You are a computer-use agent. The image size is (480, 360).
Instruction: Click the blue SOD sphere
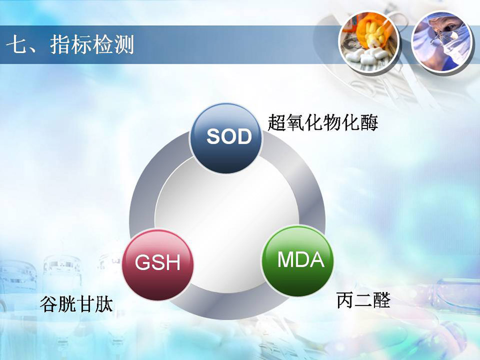[x=226, y=138]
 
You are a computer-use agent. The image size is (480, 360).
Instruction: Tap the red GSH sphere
[x=158, y=265]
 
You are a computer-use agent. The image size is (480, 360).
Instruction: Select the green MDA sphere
[x=297, y=261]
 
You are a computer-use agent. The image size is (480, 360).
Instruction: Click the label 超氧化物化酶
[x=322, y=123]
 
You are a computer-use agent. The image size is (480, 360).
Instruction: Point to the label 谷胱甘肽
[x=76, y=304]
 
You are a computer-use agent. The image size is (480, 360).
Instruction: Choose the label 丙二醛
[x=363, y=300]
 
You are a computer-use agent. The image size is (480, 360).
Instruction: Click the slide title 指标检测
[x=92, y=45]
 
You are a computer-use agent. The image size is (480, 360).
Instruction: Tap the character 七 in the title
[x=16, y=45]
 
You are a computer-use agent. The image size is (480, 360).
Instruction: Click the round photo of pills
[x=369, y=42]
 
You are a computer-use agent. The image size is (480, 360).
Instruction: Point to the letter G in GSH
[x=142, y=262]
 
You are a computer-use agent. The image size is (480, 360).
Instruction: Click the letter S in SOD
[x=213, y=136]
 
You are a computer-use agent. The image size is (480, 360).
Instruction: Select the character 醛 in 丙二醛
[x=381, y=300]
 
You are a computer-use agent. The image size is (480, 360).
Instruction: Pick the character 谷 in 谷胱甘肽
[x=49, y=304]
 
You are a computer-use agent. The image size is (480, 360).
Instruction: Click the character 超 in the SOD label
[x=276, y=123]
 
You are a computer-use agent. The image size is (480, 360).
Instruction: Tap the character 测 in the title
[x=124, y=45]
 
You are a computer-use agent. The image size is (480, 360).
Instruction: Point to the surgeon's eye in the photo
[x=447, y=29]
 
